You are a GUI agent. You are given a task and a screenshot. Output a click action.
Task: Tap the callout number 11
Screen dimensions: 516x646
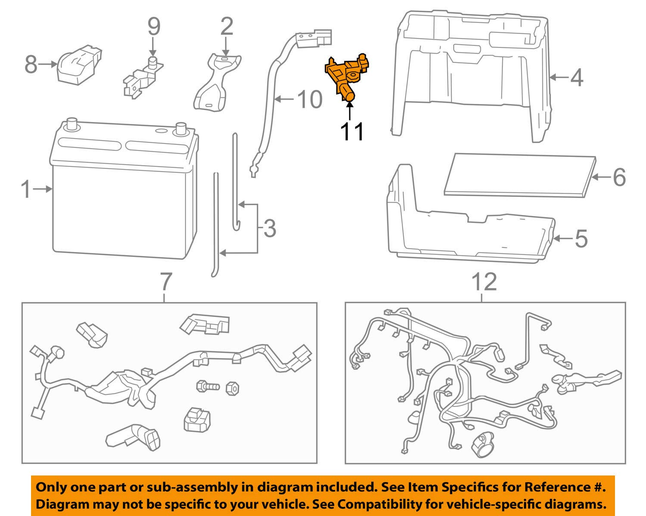click(352, 131)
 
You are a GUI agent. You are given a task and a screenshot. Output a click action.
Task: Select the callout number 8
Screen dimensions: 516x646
click(31, 65)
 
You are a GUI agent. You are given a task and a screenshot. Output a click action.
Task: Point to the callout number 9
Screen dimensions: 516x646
click(154, 26)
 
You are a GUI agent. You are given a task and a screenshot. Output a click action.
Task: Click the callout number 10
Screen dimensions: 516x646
click(309, 100)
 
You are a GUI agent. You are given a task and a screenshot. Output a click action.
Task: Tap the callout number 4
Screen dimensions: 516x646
click(577, 78)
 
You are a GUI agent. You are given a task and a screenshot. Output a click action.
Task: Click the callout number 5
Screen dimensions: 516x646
click(581, 238)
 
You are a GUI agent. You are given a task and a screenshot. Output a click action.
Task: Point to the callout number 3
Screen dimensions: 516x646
click(269, 228)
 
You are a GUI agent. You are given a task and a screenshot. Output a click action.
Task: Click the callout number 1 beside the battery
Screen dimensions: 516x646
click(26, 189)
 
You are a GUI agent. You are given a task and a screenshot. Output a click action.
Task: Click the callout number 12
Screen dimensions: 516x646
click(484, 282)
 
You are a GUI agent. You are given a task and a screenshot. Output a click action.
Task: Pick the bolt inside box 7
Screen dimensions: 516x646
click(207, 386)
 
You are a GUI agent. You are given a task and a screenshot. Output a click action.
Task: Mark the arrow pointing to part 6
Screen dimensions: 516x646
click(601, 177)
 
